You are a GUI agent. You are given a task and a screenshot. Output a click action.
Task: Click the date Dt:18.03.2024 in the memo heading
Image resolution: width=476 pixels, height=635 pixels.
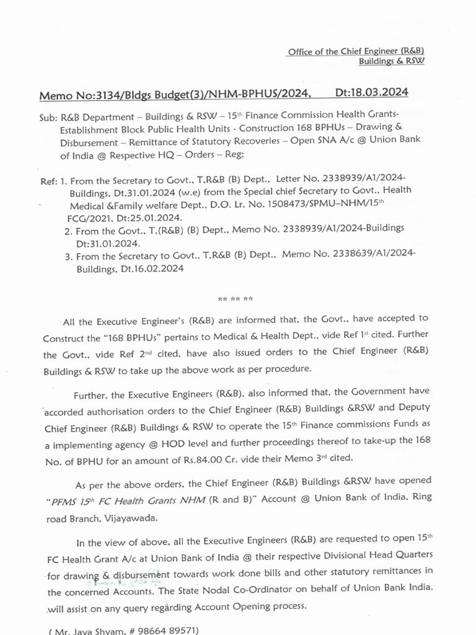click(371, 92)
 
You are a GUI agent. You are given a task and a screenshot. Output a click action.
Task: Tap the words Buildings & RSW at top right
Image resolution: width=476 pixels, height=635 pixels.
click(392, 62)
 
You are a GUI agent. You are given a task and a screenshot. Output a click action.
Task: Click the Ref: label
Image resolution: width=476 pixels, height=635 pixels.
click(49, 181)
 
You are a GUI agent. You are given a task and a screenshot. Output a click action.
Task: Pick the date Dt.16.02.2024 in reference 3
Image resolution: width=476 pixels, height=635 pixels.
click(148, 270)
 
